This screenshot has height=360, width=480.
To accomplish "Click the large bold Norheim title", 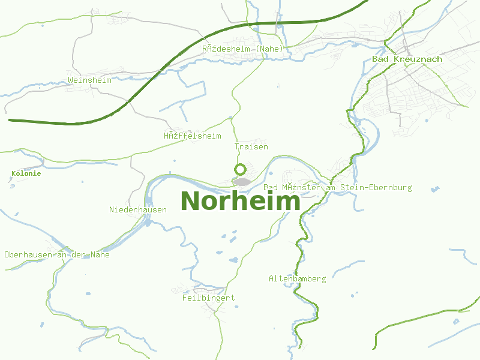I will pos(240,201).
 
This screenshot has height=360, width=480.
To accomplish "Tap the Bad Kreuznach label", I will pos(407,59).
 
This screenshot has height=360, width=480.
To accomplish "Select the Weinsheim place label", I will pos(90,80).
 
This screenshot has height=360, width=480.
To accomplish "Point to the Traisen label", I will pos(251,147).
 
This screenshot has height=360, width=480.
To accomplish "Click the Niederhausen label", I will pos(138,209).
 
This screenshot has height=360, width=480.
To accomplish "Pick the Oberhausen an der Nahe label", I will pos(57,255).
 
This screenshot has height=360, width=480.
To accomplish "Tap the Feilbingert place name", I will pos(208,298).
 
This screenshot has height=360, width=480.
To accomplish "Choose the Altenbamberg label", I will pos(297,279).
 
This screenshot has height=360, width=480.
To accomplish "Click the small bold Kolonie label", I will pos(26,173).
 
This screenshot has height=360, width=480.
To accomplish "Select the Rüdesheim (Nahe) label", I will pos(242,49).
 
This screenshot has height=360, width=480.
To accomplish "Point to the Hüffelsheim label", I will pos(193,136).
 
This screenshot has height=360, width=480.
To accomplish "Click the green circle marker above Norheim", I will pos(239,169).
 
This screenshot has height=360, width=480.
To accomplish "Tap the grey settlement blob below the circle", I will pos(242,181).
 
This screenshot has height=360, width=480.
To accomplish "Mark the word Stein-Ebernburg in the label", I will pos(376,188).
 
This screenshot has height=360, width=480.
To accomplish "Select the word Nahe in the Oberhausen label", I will pos(100,255).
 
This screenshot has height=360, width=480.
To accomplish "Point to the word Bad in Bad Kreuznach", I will pos(379,59).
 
